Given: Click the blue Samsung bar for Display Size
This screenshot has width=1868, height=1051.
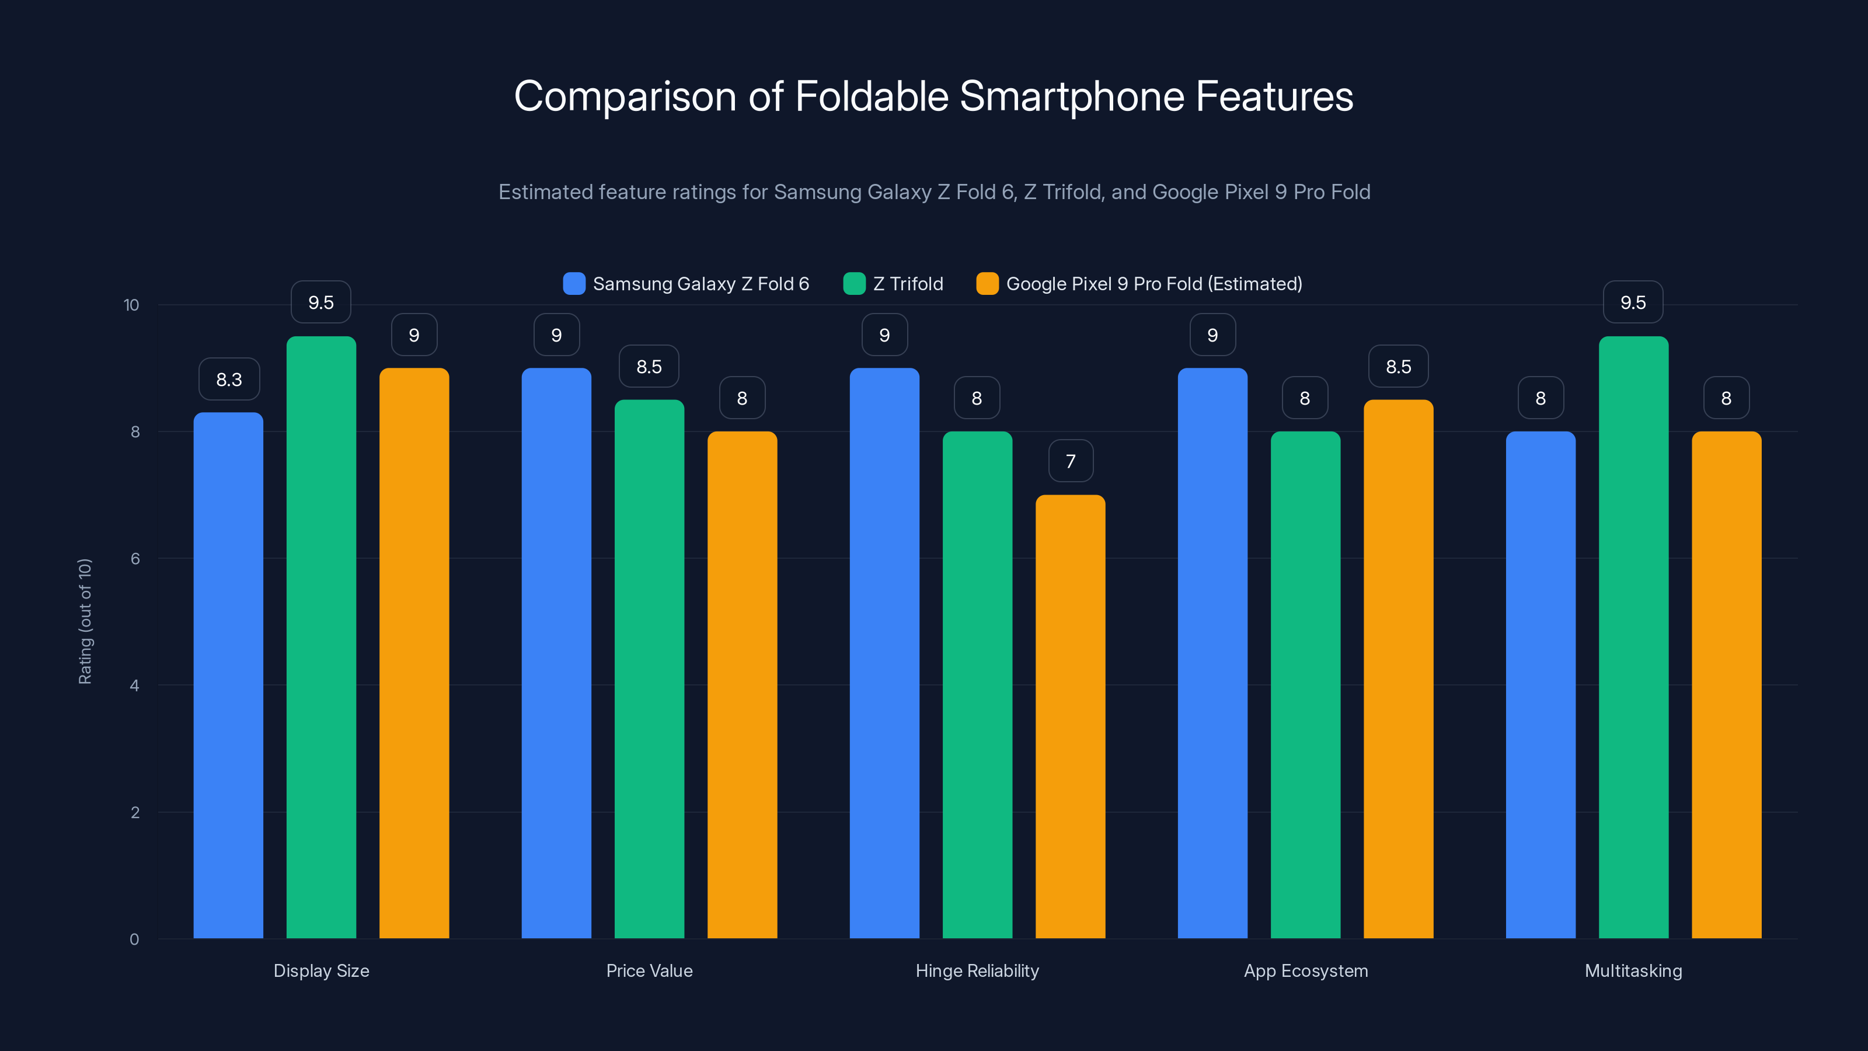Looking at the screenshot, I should click(228, 674).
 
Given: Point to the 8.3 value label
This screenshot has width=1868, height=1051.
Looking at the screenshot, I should click(229, 380).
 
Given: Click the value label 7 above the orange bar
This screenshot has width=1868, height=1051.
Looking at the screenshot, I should click(1071, 461).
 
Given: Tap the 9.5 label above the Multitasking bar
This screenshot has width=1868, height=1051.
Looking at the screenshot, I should click(1633, 302).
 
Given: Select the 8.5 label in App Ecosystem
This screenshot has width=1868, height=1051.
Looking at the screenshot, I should click(1398, 367).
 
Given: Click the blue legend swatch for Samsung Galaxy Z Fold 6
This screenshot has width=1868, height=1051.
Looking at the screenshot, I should click(574, 284).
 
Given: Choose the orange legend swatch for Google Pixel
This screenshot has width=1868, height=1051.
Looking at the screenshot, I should click(987, 284).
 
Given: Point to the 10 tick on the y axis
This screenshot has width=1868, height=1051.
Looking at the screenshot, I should click(131, 305).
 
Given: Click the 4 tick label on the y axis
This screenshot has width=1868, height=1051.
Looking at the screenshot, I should click(135, 685).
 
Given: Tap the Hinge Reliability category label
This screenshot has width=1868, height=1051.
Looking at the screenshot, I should click(977, 970).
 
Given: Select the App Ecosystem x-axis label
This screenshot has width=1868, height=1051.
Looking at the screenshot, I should click(1305, 970).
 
